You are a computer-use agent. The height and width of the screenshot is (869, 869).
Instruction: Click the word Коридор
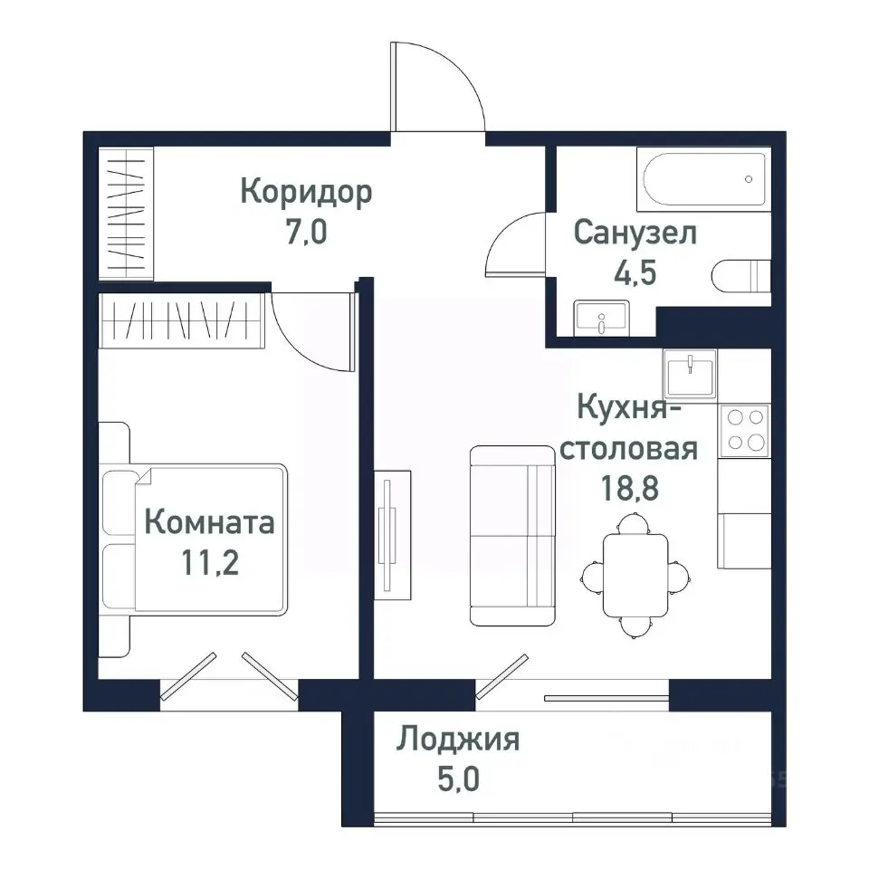(307, 193)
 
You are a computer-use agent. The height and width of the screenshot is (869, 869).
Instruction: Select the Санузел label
(636, 233)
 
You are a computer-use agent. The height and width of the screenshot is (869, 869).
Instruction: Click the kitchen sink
(690, 371)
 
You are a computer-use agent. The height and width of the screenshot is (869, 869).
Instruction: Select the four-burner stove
(743, 430)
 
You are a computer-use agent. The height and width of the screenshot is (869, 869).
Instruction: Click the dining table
(633, 574)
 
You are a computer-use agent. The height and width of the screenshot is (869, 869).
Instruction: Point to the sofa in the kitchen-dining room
(511, 535)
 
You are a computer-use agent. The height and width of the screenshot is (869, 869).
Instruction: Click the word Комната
(209, 523)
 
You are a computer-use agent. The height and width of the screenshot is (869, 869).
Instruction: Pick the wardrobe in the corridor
(126, 216)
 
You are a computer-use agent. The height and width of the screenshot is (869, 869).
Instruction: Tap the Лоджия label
(457, 740)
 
